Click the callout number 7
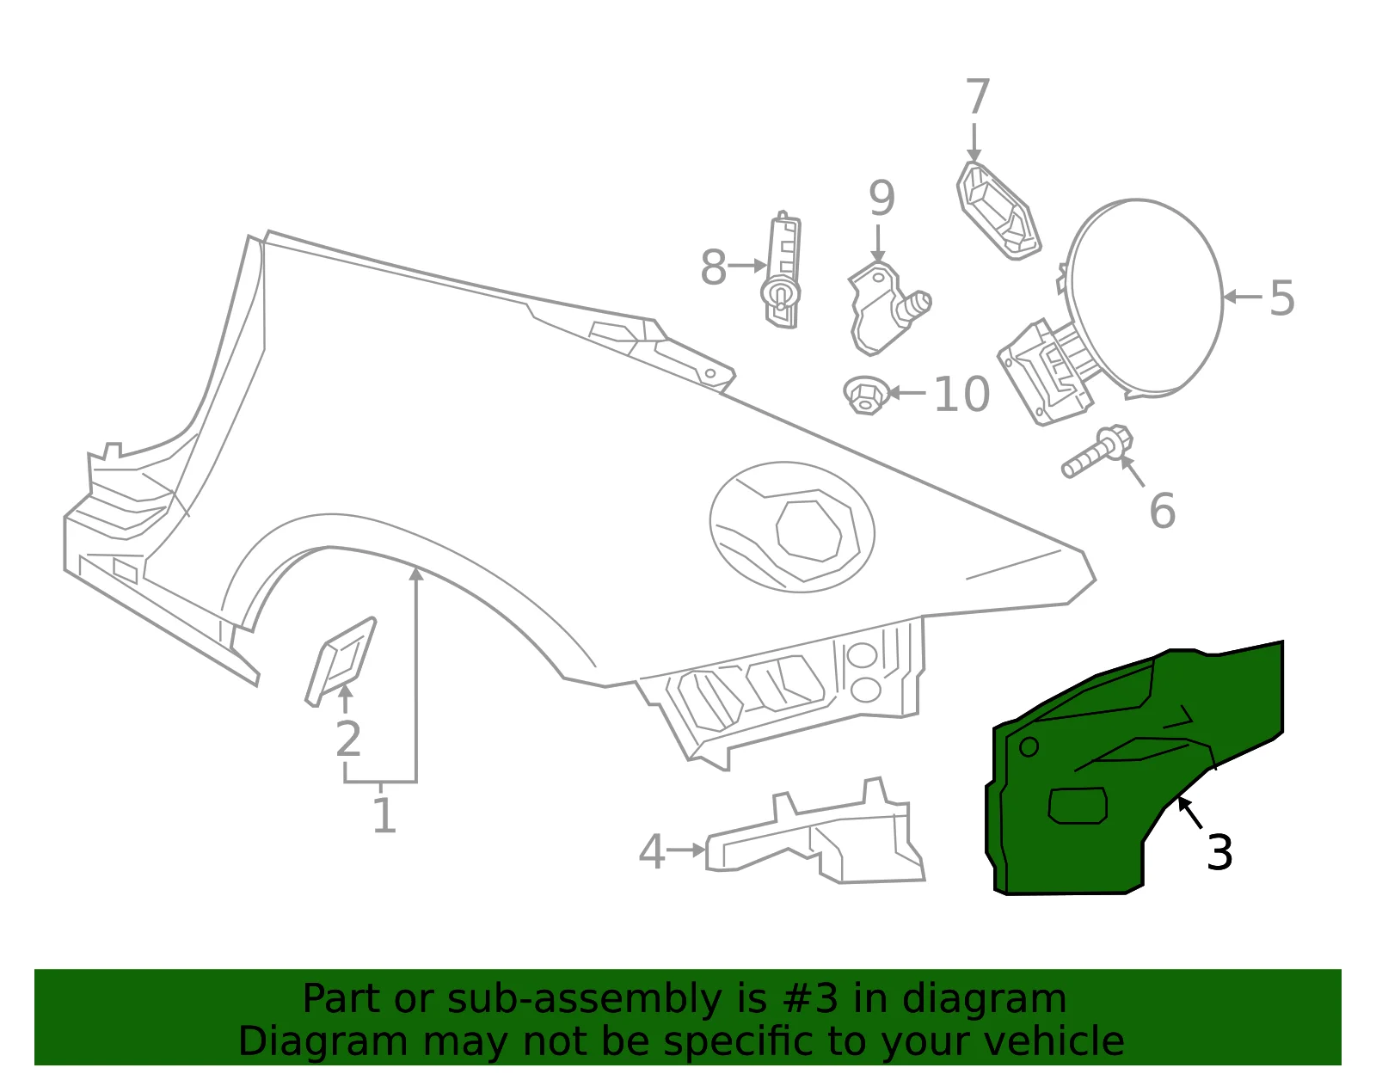pos(977,97)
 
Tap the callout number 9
pos(881,198)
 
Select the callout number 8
pos(713,267)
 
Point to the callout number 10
pos(961,394)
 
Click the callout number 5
pos(1281,298)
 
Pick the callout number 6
pos(1162,510)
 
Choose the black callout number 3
pos(1219,852)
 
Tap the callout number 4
pos(651,851)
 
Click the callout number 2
pos(348,738)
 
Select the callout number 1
pos(384,814)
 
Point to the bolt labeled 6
pos(1097,451)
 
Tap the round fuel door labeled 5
pos(1145,298)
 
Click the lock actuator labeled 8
pos(782,270)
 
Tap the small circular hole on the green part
pos(1029,746)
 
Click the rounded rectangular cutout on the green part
pos(1078,806)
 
